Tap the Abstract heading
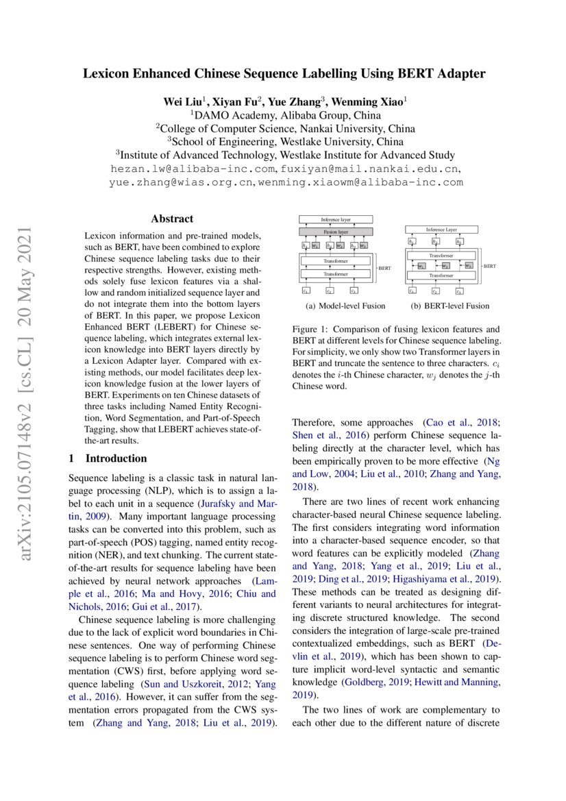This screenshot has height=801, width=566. click(173, 220)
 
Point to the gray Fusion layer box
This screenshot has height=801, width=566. click(336, 232)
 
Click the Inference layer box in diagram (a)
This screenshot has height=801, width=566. click(336, 219)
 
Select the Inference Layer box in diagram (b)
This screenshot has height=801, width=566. click(441, 230)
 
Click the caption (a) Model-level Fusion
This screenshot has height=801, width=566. click(345, 306)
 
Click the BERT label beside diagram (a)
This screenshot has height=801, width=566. click(384, 269)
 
